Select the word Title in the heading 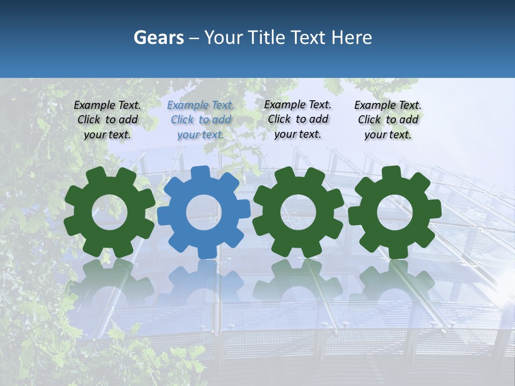click(x=266, y=38)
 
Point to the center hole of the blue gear click(x=204, y=212)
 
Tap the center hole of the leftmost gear click(x=109, y=212)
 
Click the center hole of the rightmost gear click(x=395, y=212)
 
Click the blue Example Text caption click(x=201, y=120)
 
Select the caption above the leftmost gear click(x=107, y=120)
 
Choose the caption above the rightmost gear click(x=388, y=120)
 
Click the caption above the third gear click(x=298, y=119)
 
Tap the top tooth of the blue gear click(x=200, y=173)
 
